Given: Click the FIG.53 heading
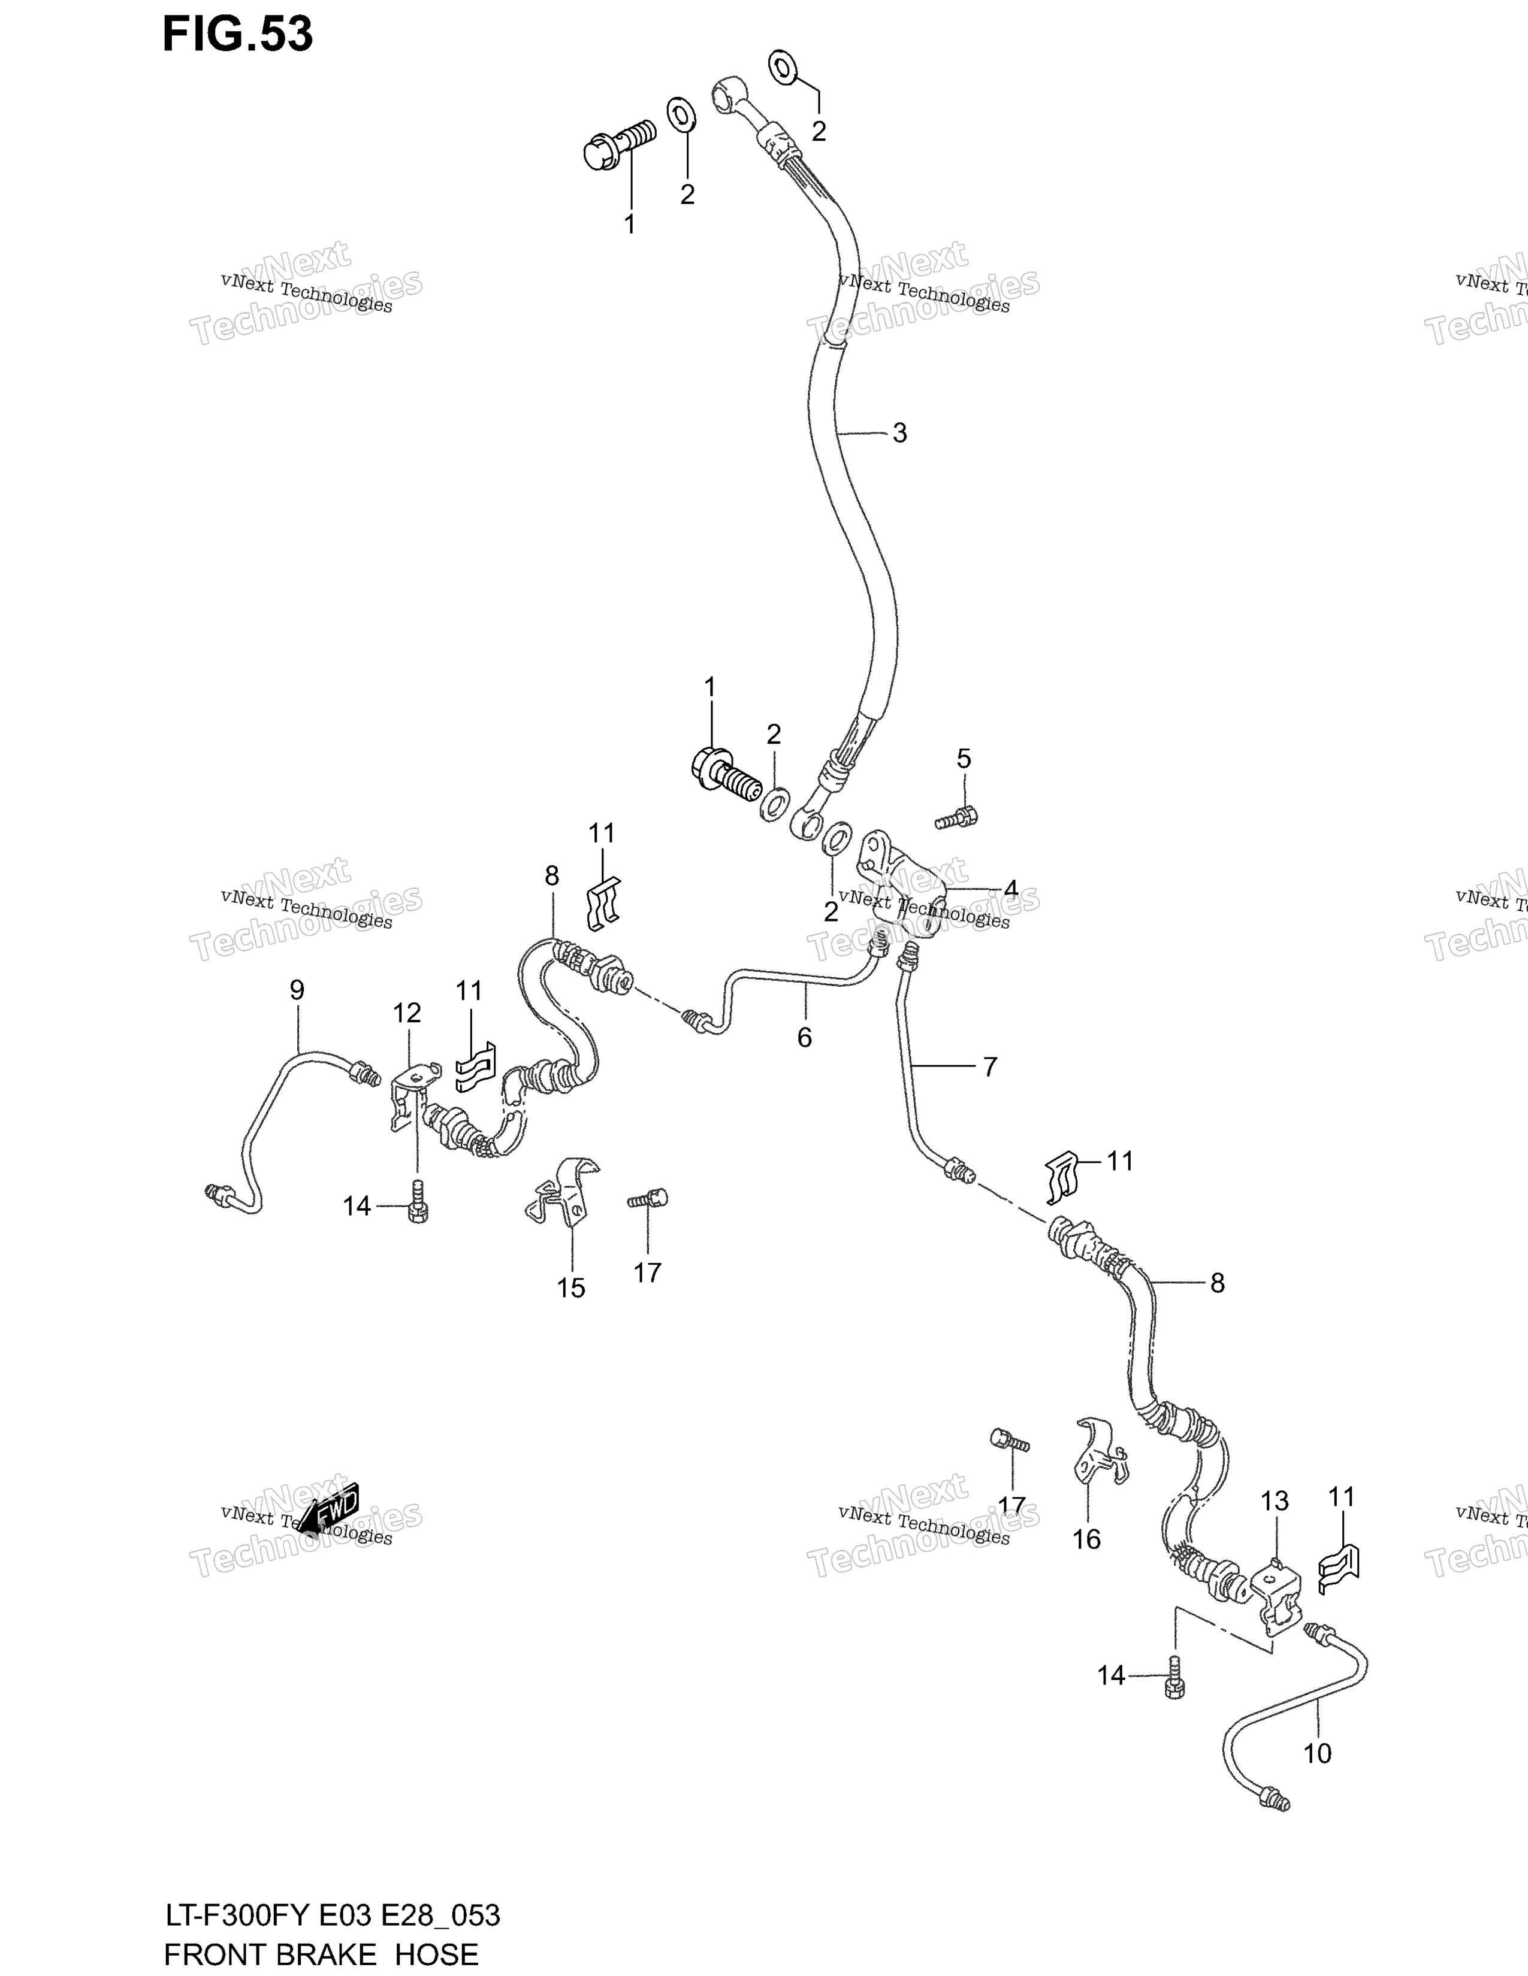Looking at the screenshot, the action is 237,34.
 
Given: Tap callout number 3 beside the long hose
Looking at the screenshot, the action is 899,434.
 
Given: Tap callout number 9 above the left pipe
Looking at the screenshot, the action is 297,990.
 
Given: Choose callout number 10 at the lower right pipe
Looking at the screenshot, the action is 1317,1753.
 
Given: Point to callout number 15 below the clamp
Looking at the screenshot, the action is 571,1287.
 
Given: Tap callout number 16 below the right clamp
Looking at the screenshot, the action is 1086,1538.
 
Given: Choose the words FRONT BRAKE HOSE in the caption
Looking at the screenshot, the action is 321,1954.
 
